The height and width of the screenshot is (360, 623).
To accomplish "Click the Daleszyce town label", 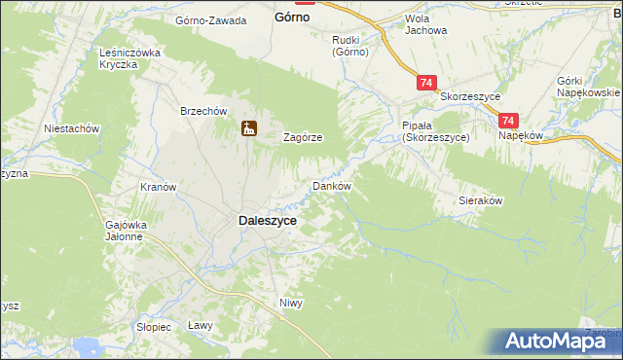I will pos(268,221).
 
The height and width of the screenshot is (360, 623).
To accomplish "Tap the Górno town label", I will pos(293,18).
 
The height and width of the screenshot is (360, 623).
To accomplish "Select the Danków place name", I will pos(330,185).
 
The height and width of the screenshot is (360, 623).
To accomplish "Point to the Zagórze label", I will pos(303,138).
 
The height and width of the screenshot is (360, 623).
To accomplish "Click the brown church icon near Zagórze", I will pos(249,127).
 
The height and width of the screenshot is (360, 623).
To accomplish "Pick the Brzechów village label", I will pos(202,111).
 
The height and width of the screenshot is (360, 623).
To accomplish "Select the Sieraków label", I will pos(480,200).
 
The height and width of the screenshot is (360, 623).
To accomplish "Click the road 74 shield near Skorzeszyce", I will pos(426,84).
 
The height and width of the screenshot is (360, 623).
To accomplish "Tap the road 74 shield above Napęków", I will pos(507,121).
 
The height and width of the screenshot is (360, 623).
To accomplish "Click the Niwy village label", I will pos(291,303).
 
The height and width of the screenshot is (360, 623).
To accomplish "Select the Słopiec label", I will pos(153,327).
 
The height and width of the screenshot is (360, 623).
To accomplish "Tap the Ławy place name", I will pos(200,326).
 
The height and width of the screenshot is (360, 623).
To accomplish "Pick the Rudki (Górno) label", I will pos(349,46).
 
